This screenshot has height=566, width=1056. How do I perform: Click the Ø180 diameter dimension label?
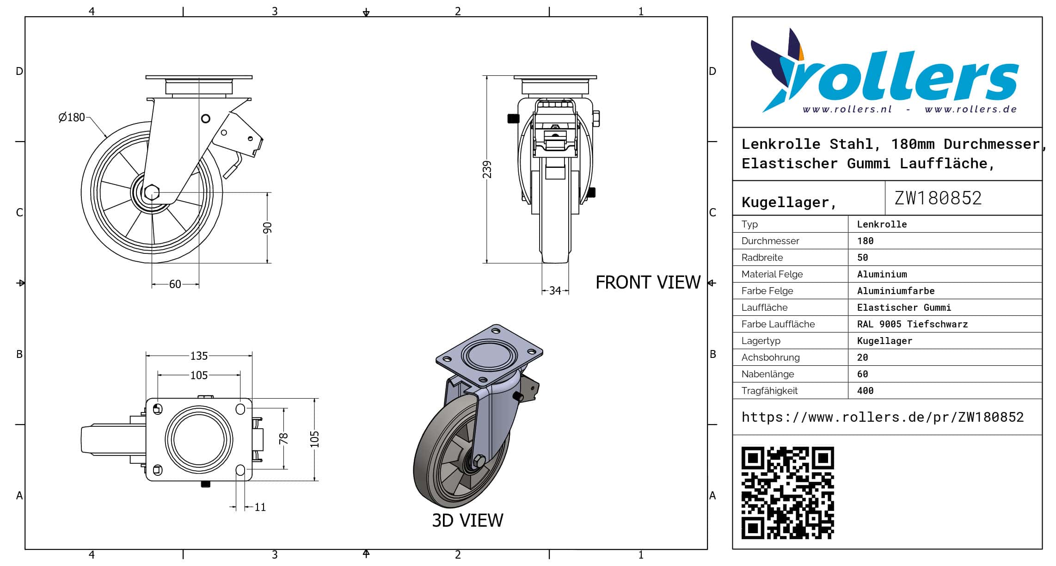(72, 117)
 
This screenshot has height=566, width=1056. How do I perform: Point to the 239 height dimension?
(487, 169)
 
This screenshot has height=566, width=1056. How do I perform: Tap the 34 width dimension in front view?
(555, 291)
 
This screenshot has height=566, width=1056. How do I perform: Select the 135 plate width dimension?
(199, 356)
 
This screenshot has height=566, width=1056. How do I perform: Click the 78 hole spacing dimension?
(283, 438)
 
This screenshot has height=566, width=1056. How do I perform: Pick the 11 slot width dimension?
(260, 507)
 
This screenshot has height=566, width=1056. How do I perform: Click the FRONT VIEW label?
(648, 283)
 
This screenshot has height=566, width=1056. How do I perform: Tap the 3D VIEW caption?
(467, 521)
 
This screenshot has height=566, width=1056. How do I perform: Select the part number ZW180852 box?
(938, 198)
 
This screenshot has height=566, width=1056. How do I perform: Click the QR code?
(787, 492)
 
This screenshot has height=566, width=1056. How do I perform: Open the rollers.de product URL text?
(882, 417)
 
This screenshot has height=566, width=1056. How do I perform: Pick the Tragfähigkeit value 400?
(865, 391)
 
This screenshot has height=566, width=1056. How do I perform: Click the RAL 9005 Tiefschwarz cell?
(912, 324)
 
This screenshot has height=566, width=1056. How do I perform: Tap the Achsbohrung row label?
(770, 357)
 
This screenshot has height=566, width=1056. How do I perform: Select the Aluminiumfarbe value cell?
(896, 291)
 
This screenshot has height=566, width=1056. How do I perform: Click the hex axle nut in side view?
(152, 192)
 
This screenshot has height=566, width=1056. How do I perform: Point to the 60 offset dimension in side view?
(175, 284)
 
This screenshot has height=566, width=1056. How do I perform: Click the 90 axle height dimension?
(267, 228)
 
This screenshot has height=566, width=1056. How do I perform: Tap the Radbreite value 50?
(862, 258)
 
